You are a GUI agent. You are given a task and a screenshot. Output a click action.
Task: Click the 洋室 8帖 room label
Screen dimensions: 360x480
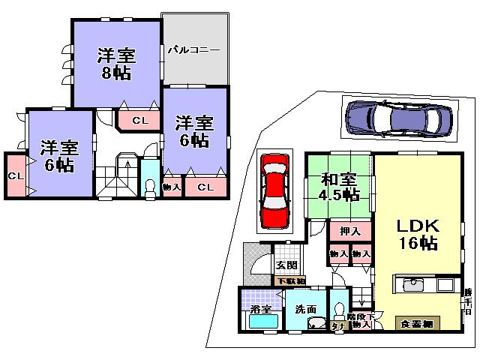[x=116, y=64]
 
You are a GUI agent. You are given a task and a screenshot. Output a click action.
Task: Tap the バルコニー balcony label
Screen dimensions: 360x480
[x=193, y=49]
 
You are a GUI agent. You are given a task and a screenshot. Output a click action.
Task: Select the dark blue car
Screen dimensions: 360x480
[x=398, y=118]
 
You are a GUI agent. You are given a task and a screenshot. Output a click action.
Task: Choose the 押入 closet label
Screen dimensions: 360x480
[x=349, y=232]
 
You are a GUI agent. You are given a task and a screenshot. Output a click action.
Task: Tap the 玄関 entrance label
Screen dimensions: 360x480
[x=286, y=265]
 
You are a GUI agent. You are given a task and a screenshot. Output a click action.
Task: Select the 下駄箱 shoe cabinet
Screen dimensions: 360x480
[x=290, y=281]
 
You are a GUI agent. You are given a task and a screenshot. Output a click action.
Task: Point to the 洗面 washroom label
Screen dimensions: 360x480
[x=304, y=308]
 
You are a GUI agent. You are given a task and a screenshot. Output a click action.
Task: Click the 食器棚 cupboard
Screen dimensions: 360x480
[x=417, y=323]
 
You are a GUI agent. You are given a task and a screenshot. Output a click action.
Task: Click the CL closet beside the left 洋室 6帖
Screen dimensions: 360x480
[x=14, y=175]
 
